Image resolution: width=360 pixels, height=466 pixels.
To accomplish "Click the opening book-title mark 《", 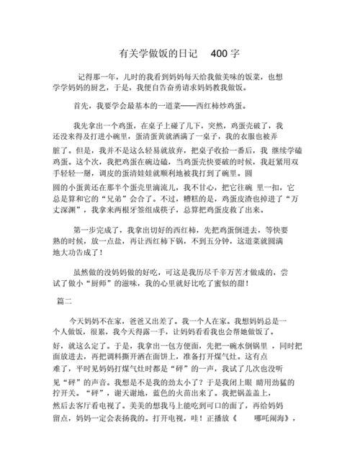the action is [233, 418].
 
